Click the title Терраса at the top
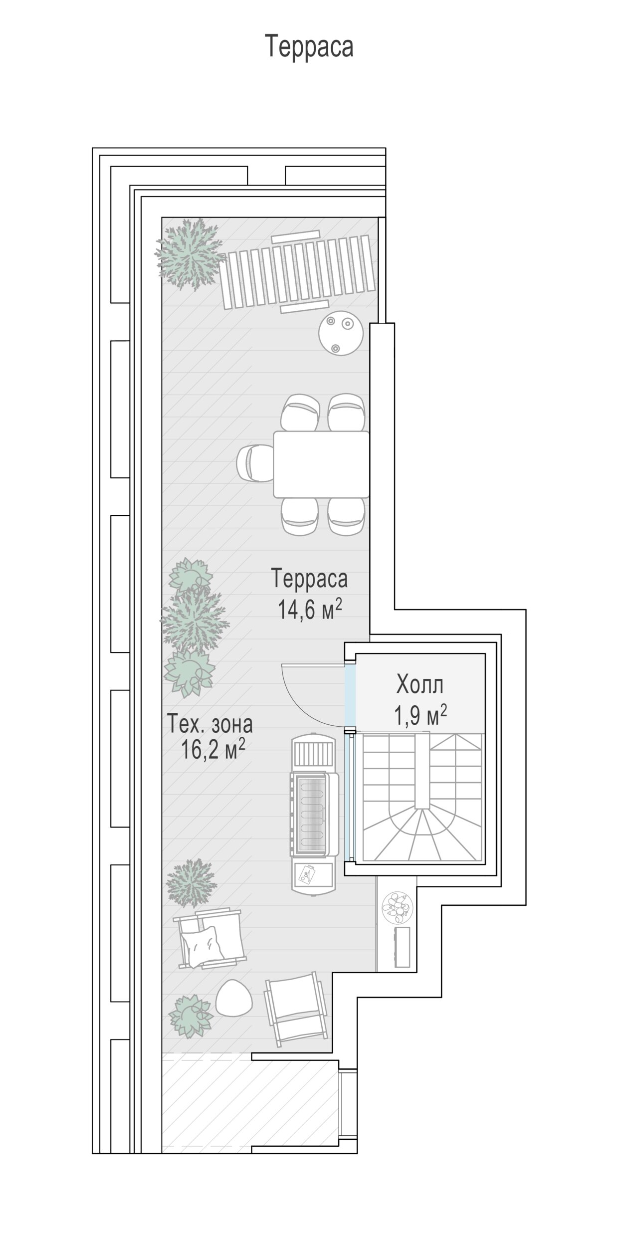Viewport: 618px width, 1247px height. click(309, 46)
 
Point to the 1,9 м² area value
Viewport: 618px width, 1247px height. click(420, 715)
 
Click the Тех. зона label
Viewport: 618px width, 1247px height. click(209, 724)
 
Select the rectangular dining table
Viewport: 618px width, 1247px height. click(321, 464)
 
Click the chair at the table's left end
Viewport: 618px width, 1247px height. click(254, 464)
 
